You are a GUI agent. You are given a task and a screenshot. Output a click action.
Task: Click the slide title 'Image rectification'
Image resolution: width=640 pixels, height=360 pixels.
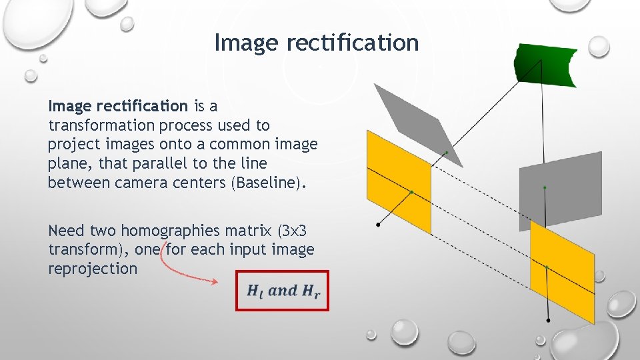(316, 43)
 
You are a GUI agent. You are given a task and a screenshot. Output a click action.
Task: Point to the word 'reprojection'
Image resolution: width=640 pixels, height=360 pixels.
(93, 269)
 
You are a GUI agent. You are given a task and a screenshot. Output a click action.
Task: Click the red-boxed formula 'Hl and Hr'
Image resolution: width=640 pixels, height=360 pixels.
(283, 291)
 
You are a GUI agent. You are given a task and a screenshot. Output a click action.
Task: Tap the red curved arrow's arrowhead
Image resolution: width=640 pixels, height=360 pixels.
(215, 282)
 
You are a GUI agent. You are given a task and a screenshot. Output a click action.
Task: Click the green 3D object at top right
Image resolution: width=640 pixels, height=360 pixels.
(545, 65)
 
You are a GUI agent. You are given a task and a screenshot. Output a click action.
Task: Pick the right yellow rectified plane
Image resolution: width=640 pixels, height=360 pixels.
(561, 273)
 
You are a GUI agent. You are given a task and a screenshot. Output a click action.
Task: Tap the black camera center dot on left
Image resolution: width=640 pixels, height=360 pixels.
(379, 225)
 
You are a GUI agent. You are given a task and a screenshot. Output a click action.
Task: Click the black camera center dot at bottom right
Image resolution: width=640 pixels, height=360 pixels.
(549, 321)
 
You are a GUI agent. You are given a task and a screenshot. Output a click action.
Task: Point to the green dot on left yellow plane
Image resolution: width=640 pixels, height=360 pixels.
(411, 192)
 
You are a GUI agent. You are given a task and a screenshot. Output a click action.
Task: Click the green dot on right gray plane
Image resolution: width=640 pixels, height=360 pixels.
(545, 188)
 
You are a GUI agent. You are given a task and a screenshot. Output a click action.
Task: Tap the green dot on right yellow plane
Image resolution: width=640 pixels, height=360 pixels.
(546, 267)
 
